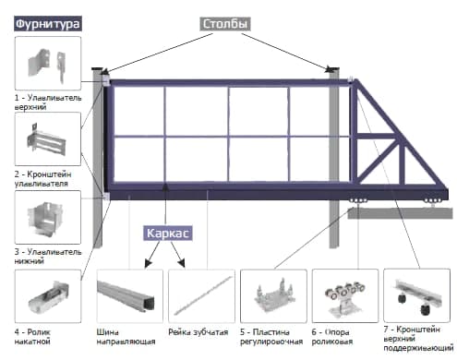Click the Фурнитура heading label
(x=48, y=24)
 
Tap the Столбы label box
(x=225, y=24)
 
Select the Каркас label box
(x=168, y=234)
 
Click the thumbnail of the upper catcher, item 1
(x=48, y=63)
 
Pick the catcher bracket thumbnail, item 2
(x=48, y=139)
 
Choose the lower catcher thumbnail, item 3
(x=48, y=217)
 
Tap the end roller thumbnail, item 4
(x=48, y=296)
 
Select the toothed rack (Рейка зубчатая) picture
(x=201, y=296)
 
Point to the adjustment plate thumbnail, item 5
(x=273, y=296)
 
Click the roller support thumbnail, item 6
(x=345, y=296)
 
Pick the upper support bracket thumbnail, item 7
(x=416, y=295)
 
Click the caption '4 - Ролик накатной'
(x=32, y=337)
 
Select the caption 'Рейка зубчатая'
(x=198, y=332)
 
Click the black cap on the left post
(x=98, y=68)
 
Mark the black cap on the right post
(x=333, y=68)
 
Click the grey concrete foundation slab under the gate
(x=400, y=213)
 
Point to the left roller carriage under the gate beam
(x=358, y=200)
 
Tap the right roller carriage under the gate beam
(x=433, y=201)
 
